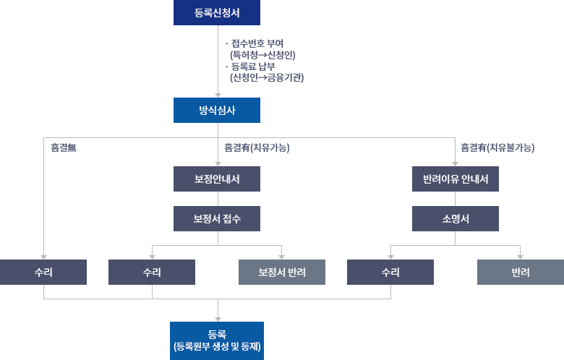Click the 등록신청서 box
tap(217, 12)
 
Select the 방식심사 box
tap(217, 110)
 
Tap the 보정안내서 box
tap(217, 179)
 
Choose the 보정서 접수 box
tap(217, 218)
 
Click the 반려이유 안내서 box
tap(456, 179)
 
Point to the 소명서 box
tap(456, 218)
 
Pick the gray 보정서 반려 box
tap(282, 273)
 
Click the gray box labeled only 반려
tap(521, 273)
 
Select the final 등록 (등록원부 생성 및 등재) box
tap(217, 340)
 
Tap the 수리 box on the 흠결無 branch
tap(43, 273)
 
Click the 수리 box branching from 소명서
tap(390, 273)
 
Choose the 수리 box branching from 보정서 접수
tap(152, 273)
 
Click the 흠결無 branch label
tap(64, 147)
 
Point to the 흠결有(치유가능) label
tap(257, 147)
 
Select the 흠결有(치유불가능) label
tap(497, 147)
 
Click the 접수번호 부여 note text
tap(257, 43)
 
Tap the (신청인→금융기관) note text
tap(267, 77)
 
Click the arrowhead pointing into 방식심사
tap(218, 95)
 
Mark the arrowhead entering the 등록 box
tap(218, 320)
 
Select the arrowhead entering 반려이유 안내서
tap(455, 164)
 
